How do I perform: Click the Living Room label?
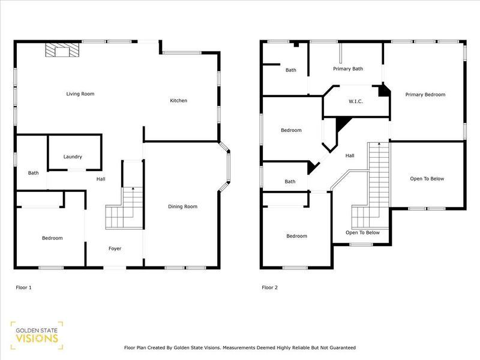tap(80, 94)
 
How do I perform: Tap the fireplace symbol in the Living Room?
tap(62, 50)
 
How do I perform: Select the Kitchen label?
tap(178, 100)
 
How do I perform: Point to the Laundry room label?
tap(73, 157)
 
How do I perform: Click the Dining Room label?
tap(182, 206)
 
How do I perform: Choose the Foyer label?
tap(115, 248)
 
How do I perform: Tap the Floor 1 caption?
tap(23, 287)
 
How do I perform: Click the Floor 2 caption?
tap(269, 287)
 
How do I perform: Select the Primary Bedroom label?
tap(425, 95)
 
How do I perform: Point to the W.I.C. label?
tap(356, 101)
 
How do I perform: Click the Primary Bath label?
tap(348, 69)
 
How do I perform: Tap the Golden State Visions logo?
tap(37, 335)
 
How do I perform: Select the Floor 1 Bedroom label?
tap(52, 238)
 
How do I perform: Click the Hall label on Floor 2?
tap(350, 155)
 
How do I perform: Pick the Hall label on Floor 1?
tap(101, 179)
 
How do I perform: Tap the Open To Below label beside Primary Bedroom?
tap(427, 179)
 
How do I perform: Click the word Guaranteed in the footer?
tap(343, 348)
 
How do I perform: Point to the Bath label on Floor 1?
tap(34, 173)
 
